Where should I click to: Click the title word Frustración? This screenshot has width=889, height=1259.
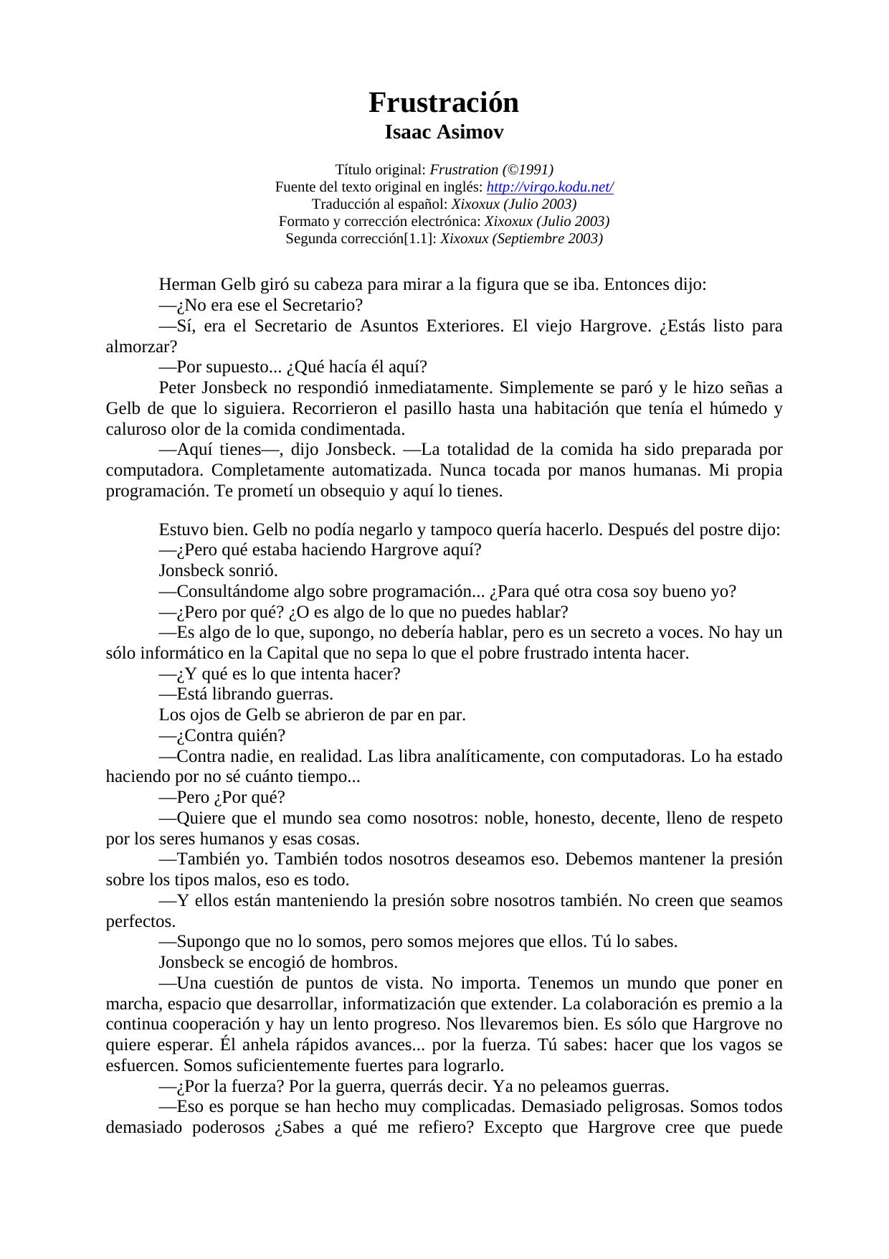pyautogui.click(x=444, y=103)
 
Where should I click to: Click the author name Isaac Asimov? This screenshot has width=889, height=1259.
pyautogui.click(x=444, y=133)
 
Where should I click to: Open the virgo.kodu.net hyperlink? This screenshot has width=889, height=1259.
pyautogui.click(x=550, y=187)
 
